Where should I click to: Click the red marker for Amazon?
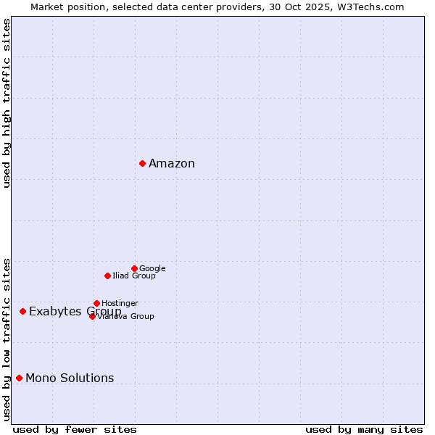142,163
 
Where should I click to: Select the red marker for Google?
134,268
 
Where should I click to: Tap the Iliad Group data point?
107,275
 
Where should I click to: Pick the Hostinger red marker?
96,303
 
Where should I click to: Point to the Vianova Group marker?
92,316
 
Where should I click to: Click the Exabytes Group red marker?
22,311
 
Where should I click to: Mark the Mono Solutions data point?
19,378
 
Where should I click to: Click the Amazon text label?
172,164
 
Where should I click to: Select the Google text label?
152,269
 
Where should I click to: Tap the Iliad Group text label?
134,276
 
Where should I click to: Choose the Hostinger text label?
120,303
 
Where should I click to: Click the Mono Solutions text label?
70,378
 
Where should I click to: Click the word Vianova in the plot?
113,317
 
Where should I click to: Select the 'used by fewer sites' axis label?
75,429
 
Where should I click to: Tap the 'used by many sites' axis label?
364,429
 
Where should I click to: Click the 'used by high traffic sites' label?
7,103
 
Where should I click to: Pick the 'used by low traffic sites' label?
7,339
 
